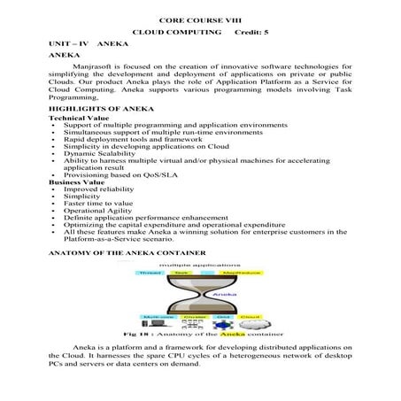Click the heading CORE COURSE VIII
coord(199,19)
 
